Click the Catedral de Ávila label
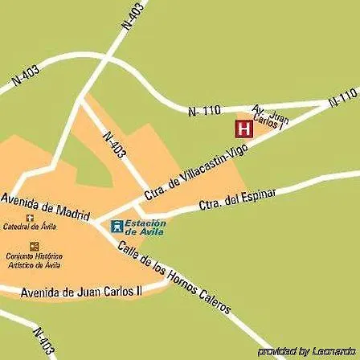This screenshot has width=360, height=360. (31, 227)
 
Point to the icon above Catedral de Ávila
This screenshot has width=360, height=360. (31, 218)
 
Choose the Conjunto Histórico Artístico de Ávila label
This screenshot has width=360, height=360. (34, 260)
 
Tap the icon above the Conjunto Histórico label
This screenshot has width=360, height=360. (34, 246)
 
